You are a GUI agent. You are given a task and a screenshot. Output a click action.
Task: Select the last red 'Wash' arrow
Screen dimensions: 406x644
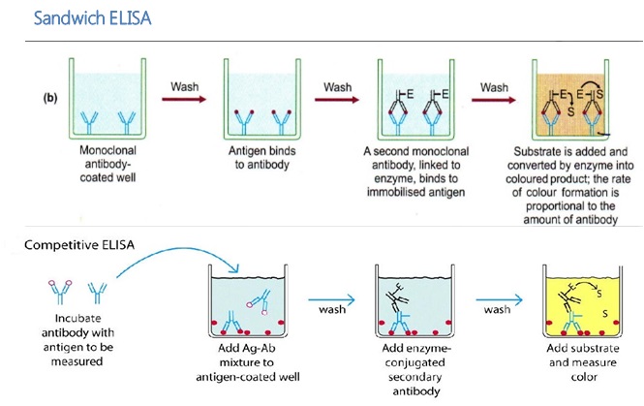[x=494, y=99]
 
